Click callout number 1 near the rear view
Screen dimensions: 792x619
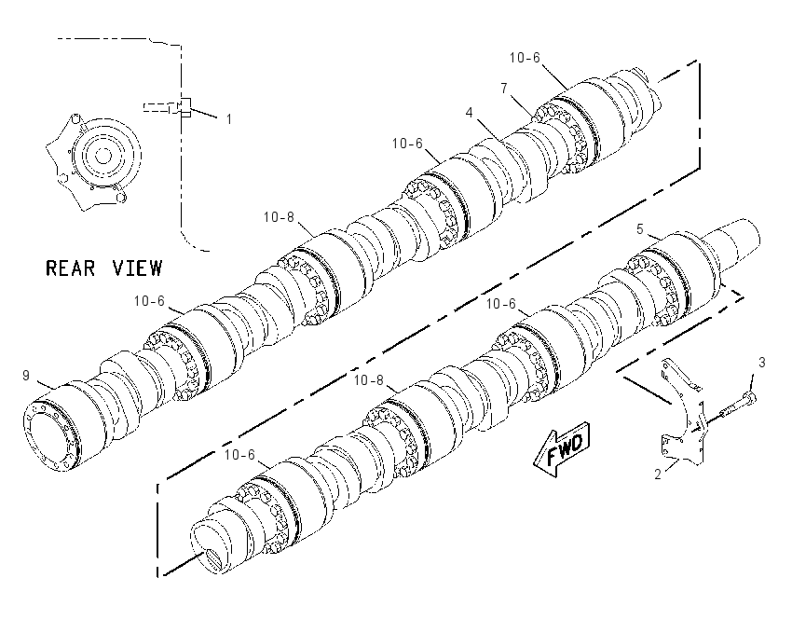[x=229, y=119]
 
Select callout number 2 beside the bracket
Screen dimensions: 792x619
[x=658, y=475]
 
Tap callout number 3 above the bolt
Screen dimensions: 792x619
[x=761, y=363]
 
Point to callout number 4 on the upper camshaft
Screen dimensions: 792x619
[x=470, y=112]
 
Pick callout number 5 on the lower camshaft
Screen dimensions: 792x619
[x=640, y=229]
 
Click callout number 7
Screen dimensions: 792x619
[x=503, y=89]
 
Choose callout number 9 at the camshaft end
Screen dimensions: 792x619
[x=26, y=376]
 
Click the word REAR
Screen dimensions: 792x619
[x=70, y=268]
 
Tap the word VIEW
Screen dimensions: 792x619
[x=137, y=268]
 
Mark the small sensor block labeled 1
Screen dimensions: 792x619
[x=185, y=106]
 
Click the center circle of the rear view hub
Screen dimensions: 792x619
[x=103, y=156]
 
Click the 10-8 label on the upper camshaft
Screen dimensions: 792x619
[x=279, y=217]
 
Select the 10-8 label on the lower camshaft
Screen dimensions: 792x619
[x=369, y=380]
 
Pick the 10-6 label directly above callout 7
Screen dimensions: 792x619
[x=525, y=58]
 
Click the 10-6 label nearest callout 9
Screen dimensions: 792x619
[x=149, y=301]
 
